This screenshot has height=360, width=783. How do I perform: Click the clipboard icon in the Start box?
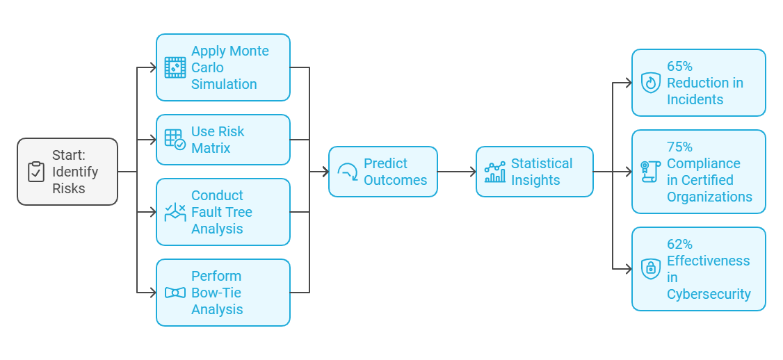[36, 172]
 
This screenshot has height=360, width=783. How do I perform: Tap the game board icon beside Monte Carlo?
[175, 67]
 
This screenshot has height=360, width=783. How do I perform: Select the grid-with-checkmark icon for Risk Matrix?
[175, 140]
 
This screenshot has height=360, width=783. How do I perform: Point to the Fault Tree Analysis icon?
[175, 212]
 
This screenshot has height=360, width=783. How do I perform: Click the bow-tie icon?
[175, 293]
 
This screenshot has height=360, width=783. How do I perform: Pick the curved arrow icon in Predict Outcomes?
[348, 172]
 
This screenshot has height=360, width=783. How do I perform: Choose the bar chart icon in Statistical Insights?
[495, 172]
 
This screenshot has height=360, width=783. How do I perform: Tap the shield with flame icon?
[651, 83]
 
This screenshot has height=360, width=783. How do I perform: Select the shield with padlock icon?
[651, 269]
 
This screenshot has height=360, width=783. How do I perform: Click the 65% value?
[679, 66]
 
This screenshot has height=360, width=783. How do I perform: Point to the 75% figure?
[679, 147]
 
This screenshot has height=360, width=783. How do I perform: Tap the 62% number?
[679, 244]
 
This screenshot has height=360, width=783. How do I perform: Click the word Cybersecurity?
[709, 294]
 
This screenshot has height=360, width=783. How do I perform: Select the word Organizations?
[709, 197]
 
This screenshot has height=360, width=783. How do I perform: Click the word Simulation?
[224, 84]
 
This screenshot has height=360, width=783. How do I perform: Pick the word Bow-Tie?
[216, 293]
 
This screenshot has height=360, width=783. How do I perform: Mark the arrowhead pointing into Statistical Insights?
[472, 172]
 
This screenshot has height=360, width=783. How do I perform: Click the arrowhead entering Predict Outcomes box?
[325, 172]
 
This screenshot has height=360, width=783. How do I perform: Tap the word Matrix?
[211, 148]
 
